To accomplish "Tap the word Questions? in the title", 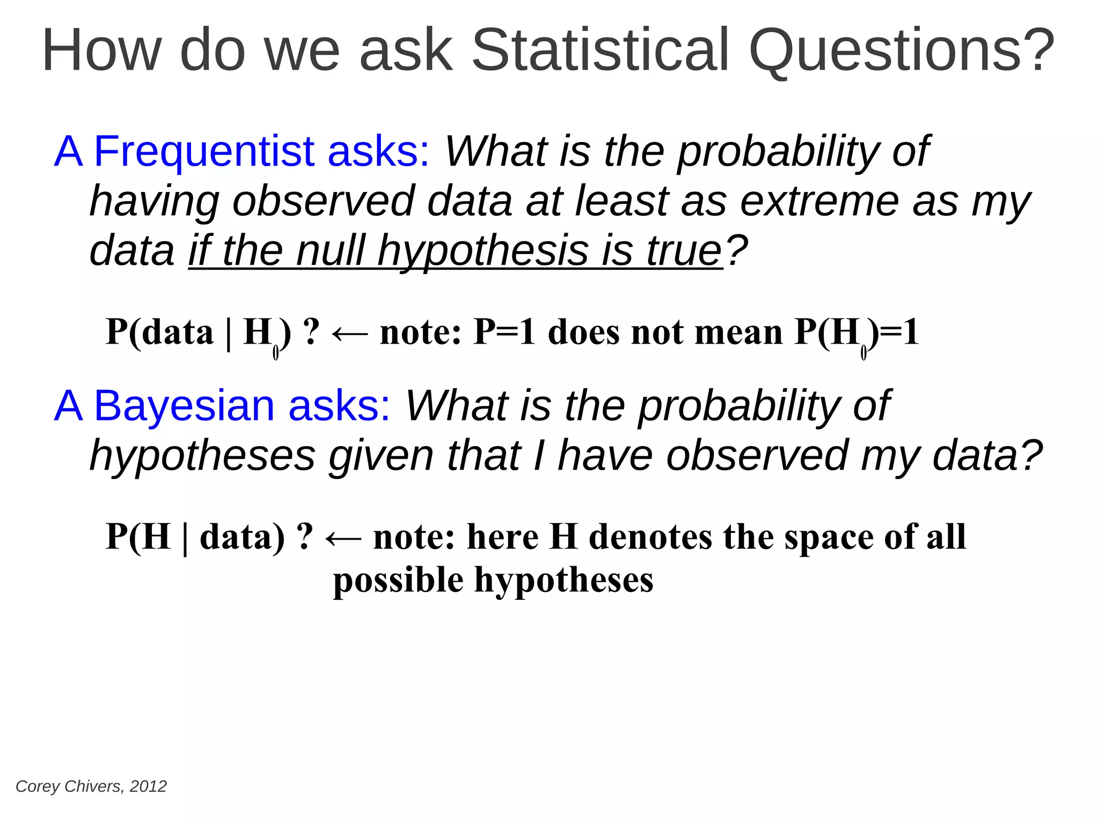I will tap(902, 50).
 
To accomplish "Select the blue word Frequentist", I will tap(204, 152).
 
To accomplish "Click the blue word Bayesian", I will tap(184, 406).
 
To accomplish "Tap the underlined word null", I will tap(330, 251).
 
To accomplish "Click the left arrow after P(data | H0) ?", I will tap(350, 333).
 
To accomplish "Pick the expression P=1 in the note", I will tap(504, 332).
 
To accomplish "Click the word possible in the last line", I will tap(398, 581).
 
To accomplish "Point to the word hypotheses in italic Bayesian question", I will tap(202, 456).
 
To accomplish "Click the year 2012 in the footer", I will tap(148, 787).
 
